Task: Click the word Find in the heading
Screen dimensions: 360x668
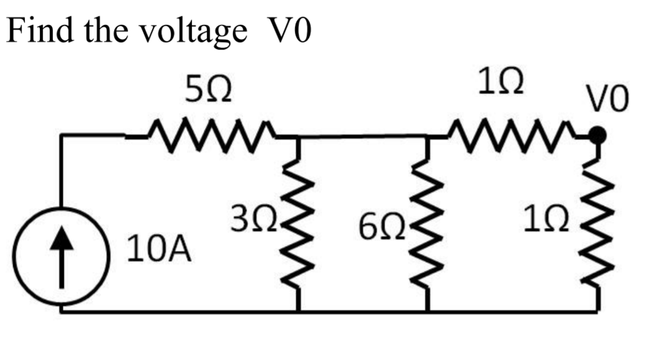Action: coord(38,31)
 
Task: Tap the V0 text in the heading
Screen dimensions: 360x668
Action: coord(288,31)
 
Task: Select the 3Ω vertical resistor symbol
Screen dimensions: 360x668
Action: coord(297,225)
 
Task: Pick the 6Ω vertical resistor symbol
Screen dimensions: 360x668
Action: coord(427,225)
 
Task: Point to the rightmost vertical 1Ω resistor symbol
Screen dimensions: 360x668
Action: coord(596,225)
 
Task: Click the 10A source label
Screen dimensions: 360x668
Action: coord(159,249)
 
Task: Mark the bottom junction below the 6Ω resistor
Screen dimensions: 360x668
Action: coord(428,311)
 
